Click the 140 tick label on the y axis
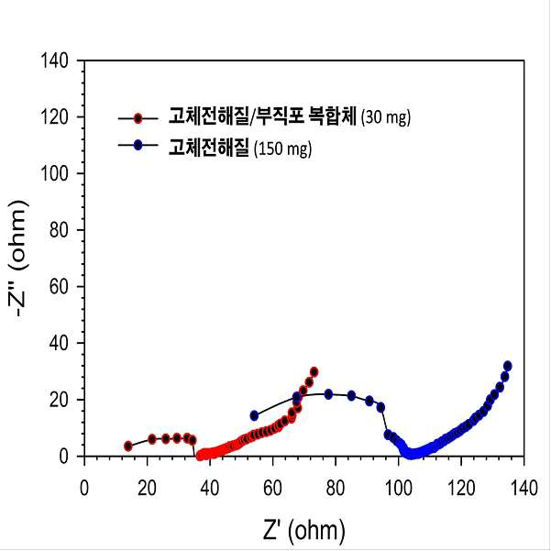(55, 61)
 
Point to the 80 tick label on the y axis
(59, 230)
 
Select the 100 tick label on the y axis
(55, 173)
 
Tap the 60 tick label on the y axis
(59, 287)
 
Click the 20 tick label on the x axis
(147, 488)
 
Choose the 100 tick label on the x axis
(399, 488)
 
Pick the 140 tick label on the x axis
(523, 488)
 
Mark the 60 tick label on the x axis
(272, 488)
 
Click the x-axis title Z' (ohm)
(304, 530)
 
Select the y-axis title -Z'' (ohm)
(18, 259)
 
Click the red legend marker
(138, 118)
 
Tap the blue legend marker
(138, 145)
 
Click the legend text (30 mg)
(386, 117)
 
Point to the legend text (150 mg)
(283, 149)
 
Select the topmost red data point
(314, 372)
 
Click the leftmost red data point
(128, 446)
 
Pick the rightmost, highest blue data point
(507, 366)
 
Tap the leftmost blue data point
(254, 416)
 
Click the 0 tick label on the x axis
(84, 488)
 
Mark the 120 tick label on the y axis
(55, 117)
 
